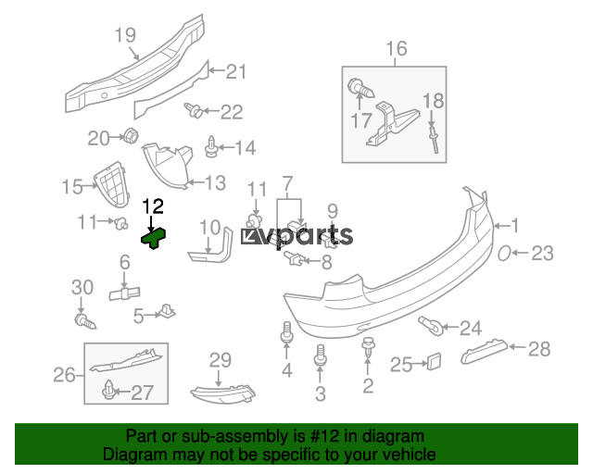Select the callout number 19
[x=126, y=36]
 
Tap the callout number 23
[x=542, y=254]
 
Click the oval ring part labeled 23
[x=508, y=254]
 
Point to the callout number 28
[x=539, y=349]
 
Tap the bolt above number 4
[x=286, y=332]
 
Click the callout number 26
[x=63, y=375]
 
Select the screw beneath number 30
[x=85, y=321]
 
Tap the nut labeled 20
[x=131, y=138]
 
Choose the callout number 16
[x=396, y=48]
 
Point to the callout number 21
[x=236, y=71]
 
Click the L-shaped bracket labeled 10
[x=210, y=247]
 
